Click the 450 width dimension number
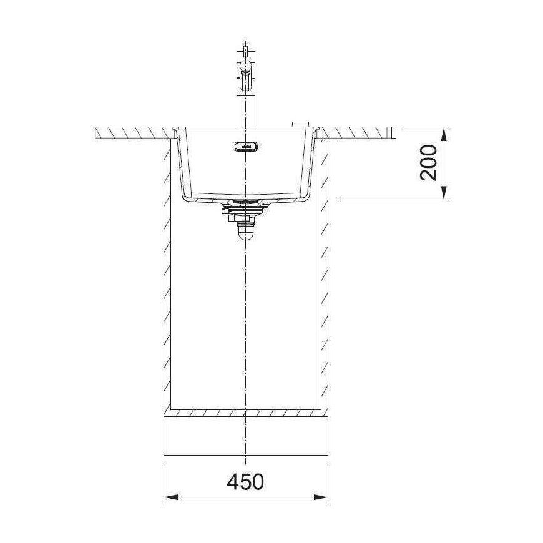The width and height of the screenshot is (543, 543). pyautogui.click(x=245, y=481)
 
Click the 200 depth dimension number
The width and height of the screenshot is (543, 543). pyautogui.click(x=428, y=163)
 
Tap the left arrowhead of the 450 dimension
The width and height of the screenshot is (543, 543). pyautogui.click(x=171, y=497)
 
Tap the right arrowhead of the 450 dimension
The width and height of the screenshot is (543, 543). pyautogui.click(x=321, y=497)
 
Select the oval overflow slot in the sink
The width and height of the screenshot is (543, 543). pyautogui.click(x=246, y=147)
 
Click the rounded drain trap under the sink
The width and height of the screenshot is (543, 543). pyautogui.click(x=245, y=233)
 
